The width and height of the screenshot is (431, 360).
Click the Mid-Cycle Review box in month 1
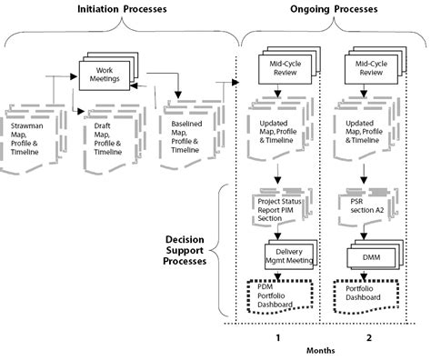pyautogui.click(x=286, y=70)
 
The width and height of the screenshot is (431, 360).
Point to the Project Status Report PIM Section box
pyautogui.click(x=283, y=205)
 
